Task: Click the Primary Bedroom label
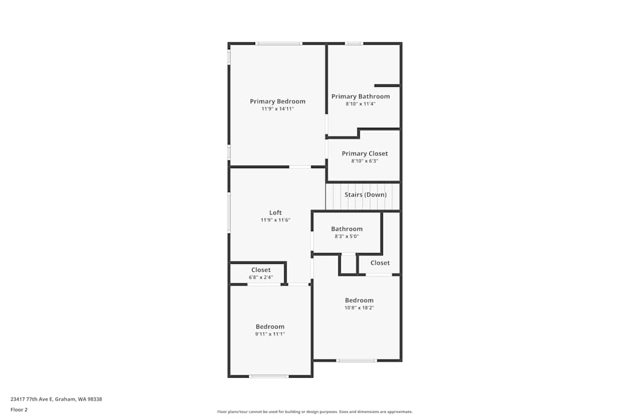point(277,101)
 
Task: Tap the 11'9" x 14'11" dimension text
point(277,109)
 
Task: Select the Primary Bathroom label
point(360,96)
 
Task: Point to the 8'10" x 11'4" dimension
point(360,104)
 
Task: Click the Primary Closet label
point(365,154)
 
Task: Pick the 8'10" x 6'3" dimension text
point(365,161)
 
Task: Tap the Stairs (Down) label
point(365,195)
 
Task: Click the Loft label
point(275,212)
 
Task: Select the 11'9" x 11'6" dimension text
point(275,220)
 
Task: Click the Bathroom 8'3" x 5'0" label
point(346,229)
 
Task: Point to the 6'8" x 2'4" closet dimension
point(261,277)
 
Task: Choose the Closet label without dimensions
point(380,263)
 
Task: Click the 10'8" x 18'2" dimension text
point(359,308)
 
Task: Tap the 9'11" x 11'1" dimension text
point(270,334)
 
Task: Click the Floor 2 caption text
point(19,409)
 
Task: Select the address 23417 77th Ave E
point(56,399)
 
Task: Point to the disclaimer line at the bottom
point(314,411)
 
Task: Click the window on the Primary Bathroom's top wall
point(354,43)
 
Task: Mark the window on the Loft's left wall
point(229,212)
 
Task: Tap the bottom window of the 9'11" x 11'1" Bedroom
point(268,376)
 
